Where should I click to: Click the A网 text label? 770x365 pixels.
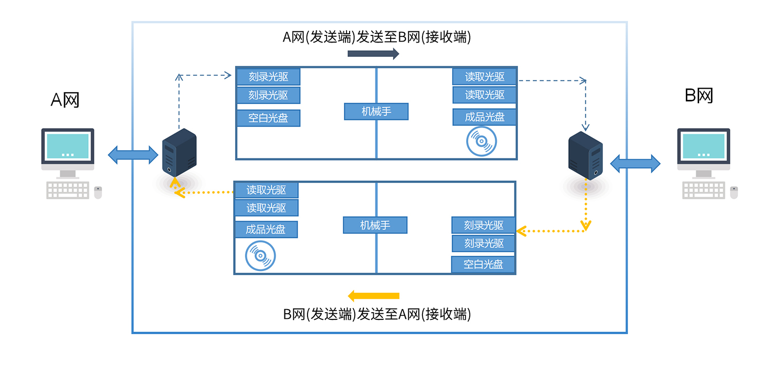[65, 99]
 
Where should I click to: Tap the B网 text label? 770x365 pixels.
[699, 95]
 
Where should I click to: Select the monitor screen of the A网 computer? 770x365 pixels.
[67, 145]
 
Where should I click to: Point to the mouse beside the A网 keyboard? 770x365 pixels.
[98, 192]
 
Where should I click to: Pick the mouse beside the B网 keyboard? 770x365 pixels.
[734, 192]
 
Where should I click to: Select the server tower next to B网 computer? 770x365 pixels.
[585, 156]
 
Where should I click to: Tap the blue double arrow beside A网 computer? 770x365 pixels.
[133, 154]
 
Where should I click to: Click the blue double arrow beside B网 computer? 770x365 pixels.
[635, 163]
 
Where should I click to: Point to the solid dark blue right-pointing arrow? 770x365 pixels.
[373, 54]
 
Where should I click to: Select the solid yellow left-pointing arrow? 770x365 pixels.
[373, 296]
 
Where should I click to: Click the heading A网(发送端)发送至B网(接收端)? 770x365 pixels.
[377, 37]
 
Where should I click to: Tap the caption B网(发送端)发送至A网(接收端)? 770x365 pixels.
[377, 314]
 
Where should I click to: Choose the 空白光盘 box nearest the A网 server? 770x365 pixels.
[268, 118]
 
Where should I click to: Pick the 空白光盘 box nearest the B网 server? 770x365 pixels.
[483, 265]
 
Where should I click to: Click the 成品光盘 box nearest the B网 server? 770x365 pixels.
[485, 117]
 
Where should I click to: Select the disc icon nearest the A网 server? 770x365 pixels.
[260, 256]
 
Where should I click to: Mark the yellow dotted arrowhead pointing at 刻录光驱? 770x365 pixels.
[521, 231]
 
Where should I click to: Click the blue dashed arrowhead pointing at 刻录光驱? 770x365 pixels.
[228, 76]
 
